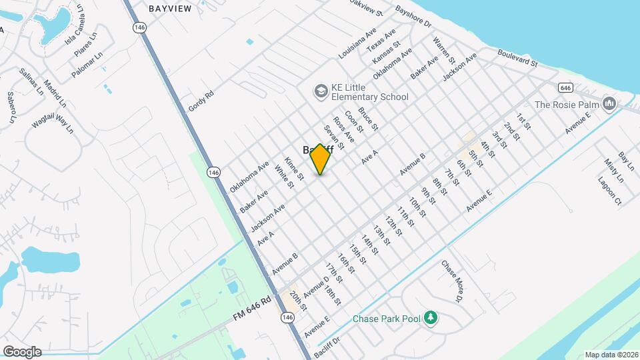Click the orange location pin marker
point(321,159)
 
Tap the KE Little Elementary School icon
point(321,90)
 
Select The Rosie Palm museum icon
point(609,104)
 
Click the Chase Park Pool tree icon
point(431,318)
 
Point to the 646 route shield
point(565,87)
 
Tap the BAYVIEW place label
point(170,9)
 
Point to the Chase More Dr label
point(451,280)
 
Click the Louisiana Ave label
point(357,44)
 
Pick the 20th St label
point(299,302)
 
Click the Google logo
point(22,351)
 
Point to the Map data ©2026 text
point(611,355)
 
